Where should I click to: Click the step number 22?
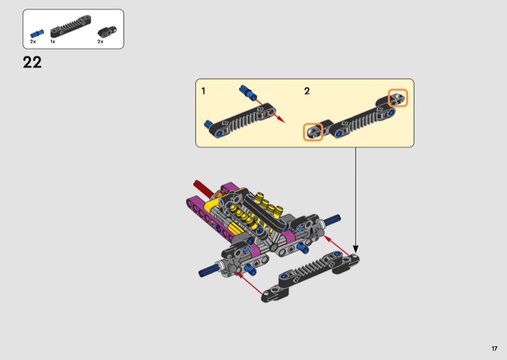[x=32, y=62]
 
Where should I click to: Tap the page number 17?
[x=494, y=349]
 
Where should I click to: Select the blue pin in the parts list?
[x=37, y=34]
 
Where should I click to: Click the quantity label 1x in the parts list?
[x=53, y=42]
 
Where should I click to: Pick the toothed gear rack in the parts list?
[x=71, y=26]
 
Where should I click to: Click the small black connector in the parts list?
[x=107, y=32]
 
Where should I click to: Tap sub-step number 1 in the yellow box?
[x=203, y=91]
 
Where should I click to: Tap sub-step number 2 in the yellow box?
[x=307, y=91]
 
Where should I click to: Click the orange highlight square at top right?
[x=398, y=98]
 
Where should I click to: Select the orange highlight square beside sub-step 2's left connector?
[x=313, y=132]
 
